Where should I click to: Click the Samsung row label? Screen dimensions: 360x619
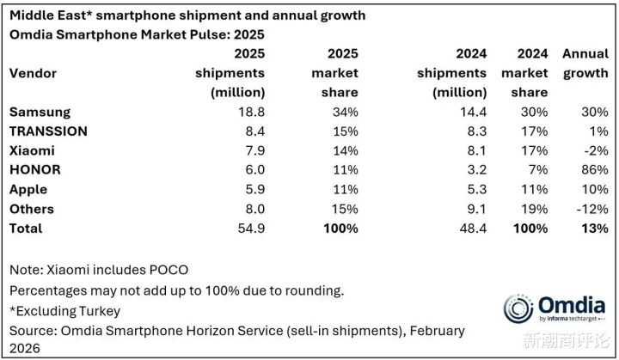coord(39,113)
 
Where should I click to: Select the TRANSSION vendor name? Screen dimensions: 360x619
coord(48,131)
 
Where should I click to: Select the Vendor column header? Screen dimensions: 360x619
coord(33,73)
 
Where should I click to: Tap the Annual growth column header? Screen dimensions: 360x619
coord(585,64)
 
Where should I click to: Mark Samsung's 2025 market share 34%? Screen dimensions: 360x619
coord(344,113)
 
